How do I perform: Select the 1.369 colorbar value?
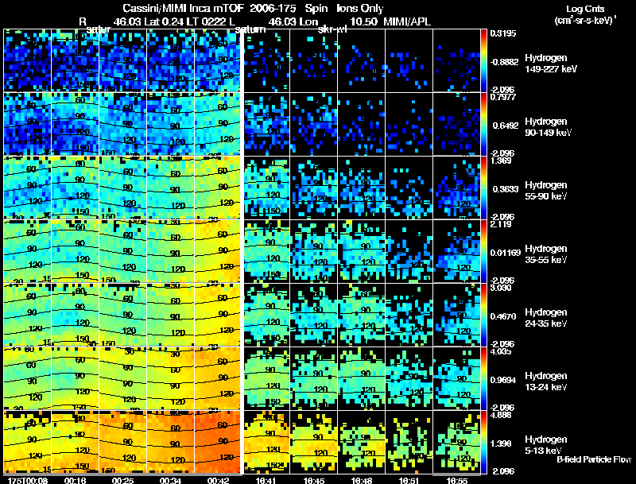tap(500, 161)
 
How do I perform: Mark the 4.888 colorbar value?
tap(500, 415)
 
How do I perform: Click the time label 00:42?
tap(218, 480)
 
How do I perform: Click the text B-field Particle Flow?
tap(593, 459)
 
